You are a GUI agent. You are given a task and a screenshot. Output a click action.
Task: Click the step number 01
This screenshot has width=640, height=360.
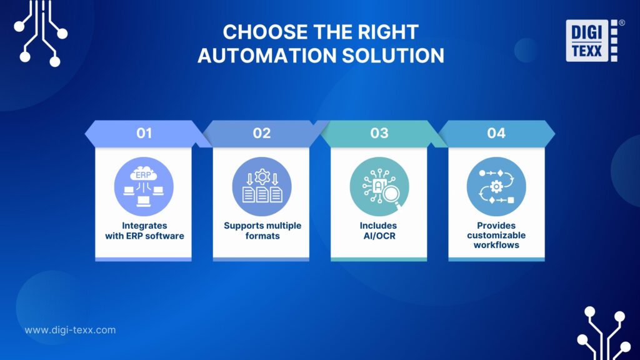[144, 133]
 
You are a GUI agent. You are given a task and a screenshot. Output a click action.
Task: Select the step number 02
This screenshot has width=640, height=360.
[261, 133]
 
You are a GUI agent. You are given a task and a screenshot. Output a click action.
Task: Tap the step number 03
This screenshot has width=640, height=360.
[379, 133]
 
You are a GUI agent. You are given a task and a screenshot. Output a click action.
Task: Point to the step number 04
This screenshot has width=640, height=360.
[496, 133]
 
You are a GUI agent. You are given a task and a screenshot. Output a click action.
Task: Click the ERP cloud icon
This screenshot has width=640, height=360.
[144, 186]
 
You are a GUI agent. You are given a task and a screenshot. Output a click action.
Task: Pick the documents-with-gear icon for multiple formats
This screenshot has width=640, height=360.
[261, 186]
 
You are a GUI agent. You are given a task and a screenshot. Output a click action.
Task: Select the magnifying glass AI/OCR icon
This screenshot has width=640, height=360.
[379, 186]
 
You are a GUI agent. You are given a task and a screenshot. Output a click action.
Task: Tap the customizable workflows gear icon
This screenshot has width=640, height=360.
[496, 186]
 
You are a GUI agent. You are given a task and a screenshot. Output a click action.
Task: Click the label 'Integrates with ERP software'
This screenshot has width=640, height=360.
[144, 231]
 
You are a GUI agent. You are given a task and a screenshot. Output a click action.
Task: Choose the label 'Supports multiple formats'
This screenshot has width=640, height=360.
[261, 231]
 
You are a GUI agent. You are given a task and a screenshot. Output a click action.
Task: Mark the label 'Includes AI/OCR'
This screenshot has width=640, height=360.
[379, 231]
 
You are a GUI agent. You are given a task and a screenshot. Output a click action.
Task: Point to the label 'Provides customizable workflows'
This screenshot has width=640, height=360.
[496, 235]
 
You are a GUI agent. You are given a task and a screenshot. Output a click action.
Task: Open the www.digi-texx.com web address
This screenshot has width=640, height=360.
[70, 330]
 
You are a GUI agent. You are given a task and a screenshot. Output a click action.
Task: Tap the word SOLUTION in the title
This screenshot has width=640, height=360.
[393, 56]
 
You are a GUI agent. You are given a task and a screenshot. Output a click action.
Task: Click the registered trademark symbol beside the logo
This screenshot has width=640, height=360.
[621, 22]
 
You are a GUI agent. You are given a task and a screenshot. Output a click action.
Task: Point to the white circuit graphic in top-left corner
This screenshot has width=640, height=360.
[41, 31]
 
